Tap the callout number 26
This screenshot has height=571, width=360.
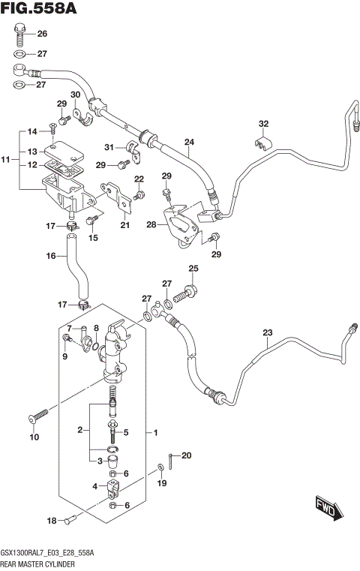[42, 34]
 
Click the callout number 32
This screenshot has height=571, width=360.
[263, 124]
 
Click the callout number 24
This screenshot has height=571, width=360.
[189, 142]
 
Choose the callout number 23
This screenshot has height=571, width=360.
[267, 333]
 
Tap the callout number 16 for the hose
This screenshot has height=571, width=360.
[52, 256]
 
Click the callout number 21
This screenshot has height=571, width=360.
[124, 224]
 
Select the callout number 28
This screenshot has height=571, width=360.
[151, 224]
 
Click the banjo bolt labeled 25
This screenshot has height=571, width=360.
[188, 288]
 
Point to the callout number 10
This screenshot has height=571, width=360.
[32, 437]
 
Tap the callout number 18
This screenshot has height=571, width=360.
[52, 521]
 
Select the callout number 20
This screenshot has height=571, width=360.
[187, 455]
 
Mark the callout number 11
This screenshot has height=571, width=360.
[5, 160]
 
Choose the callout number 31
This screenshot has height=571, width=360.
[109, 146]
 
